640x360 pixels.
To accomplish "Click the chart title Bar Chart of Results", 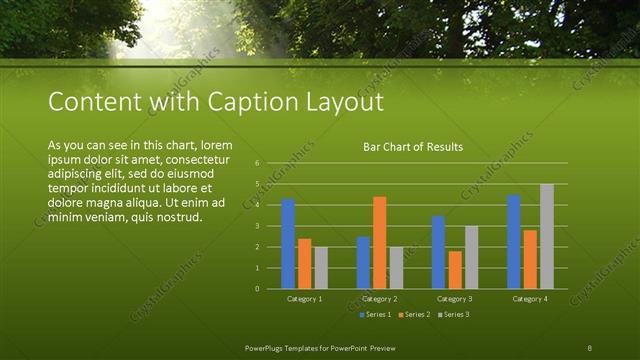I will point(413,147).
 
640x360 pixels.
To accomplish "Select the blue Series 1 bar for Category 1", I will point(288,244).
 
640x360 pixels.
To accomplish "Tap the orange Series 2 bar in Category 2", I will point(379,243).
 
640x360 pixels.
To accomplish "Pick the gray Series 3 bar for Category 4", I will point(546,237).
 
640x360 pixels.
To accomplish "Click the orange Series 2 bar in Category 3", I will point(455,270).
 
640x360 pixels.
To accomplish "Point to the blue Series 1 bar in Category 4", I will point(513,242).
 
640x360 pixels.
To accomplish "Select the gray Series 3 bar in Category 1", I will point(320,268).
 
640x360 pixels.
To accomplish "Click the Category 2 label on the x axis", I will point(380,299).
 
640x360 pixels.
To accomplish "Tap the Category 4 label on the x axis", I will point(530,299).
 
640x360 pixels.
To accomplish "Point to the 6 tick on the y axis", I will point(257,163).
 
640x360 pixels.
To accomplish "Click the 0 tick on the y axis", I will point(257,289).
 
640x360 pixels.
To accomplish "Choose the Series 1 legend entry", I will point(375,315).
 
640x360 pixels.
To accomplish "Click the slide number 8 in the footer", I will point(589,347).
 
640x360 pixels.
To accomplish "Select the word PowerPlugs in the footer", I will point(269,347).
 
